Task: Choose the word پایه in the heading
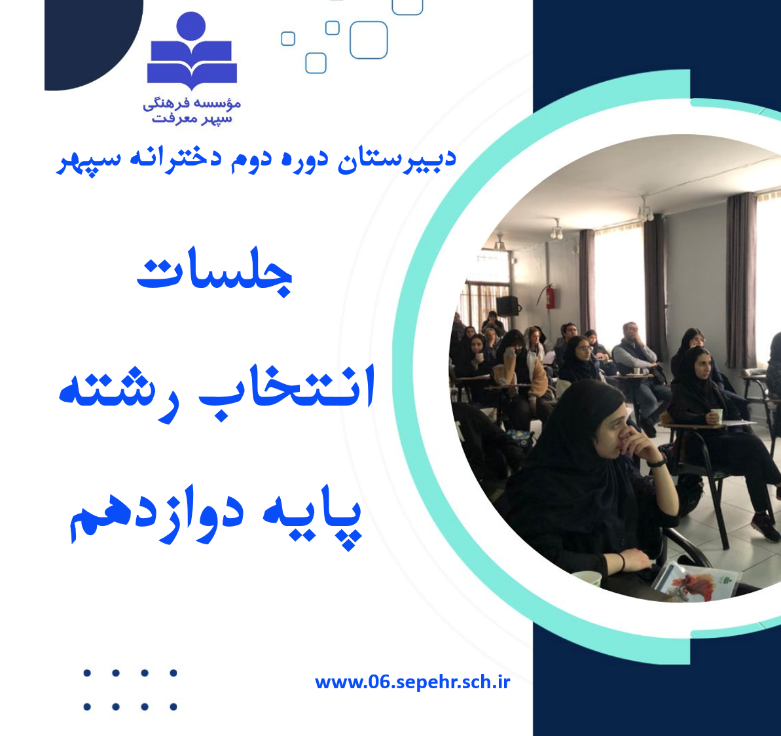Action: point(312,520)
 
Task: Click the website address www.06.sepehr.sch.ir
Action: point(412,682)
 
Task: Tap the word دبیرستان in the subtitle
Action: point(397,160)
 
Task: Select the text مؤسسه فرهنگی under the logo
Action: point(192,103)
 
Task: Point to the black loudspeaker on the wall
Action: point(507,306)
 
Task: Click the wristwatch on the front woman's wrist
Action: point(657,463)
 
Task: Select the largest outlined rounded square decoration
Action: point(369,40)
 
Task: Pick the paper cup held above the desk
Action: point(716,416)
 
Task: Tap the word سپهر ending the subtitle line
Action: point(82,161)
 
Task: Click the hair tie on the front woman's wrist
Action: point(622,561)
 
